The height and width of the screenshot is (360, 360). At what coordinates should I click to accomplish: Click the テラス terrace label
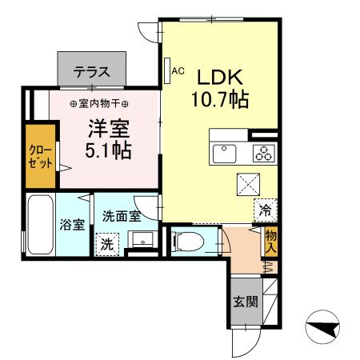click(x=91, y=71)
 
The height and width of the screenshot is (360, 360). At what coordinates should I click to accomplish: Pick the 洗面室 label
click(x=122, y=216)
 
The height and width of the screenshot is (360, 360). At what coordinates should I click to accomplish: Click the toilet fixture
click(x=185, y=241)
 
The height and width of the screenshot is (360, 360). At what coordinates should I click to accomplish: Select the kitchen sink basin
click(x=225, y=151)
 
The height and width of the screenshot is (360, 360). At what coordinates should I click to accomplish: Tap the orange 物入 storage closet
click(x=271, y=241)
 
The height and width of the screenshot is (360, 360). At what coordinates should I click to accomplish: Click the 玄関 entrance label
click(x=246, y=302)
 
